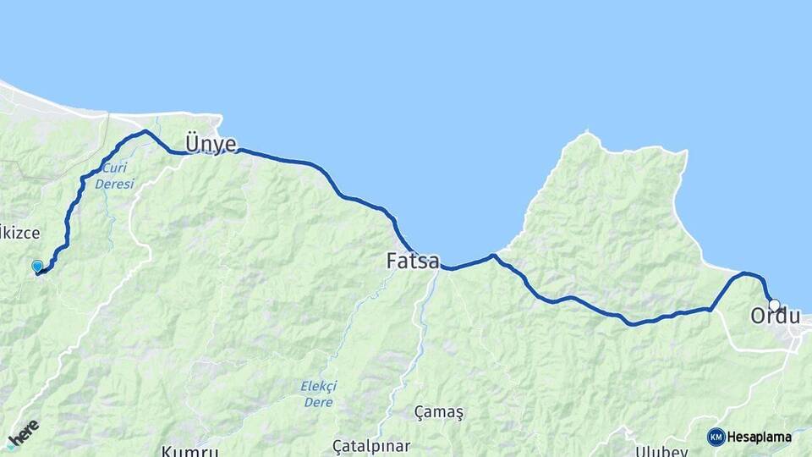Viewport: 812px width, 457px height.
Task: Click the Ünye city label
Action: [x=211, y=144]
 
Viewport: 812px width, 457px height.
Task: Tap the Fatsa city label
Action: [x=413, y=261]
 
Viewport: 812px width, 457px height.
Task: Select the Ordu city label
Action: [x=775, y=317]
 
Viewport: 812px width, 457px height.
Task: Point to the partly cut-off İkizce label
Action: [x=20, y=231]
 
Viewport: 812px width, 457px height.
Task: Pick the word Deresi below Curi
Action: [x=114, y=183]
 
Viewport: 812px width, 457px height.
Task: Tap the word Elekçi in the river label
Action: [x=318, y=386]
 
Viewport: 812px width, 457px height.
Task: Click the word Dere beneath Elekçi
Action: [x=318, y=401]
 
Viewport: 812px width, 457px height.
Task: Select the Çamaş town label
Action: [x=439, y=411]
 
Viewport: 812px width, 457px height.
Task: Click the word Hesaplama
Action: [x=760, y=437]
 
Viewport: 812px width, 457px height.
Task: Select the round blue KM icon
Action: [x=716, y=437]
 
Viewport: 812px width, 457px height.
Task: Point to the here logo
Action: [x=22, y=433]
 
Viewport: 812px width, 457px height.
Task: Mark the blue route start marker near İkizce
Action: [x=37, y=267]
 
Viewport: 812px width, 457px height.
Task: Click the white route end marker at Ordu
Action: [x=774, y=305]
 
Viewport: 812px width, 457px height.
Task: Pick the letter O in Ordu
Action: [x=758, y=317]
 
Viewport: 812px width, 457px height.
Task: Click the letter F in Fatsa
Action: [x=392, y=261]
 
